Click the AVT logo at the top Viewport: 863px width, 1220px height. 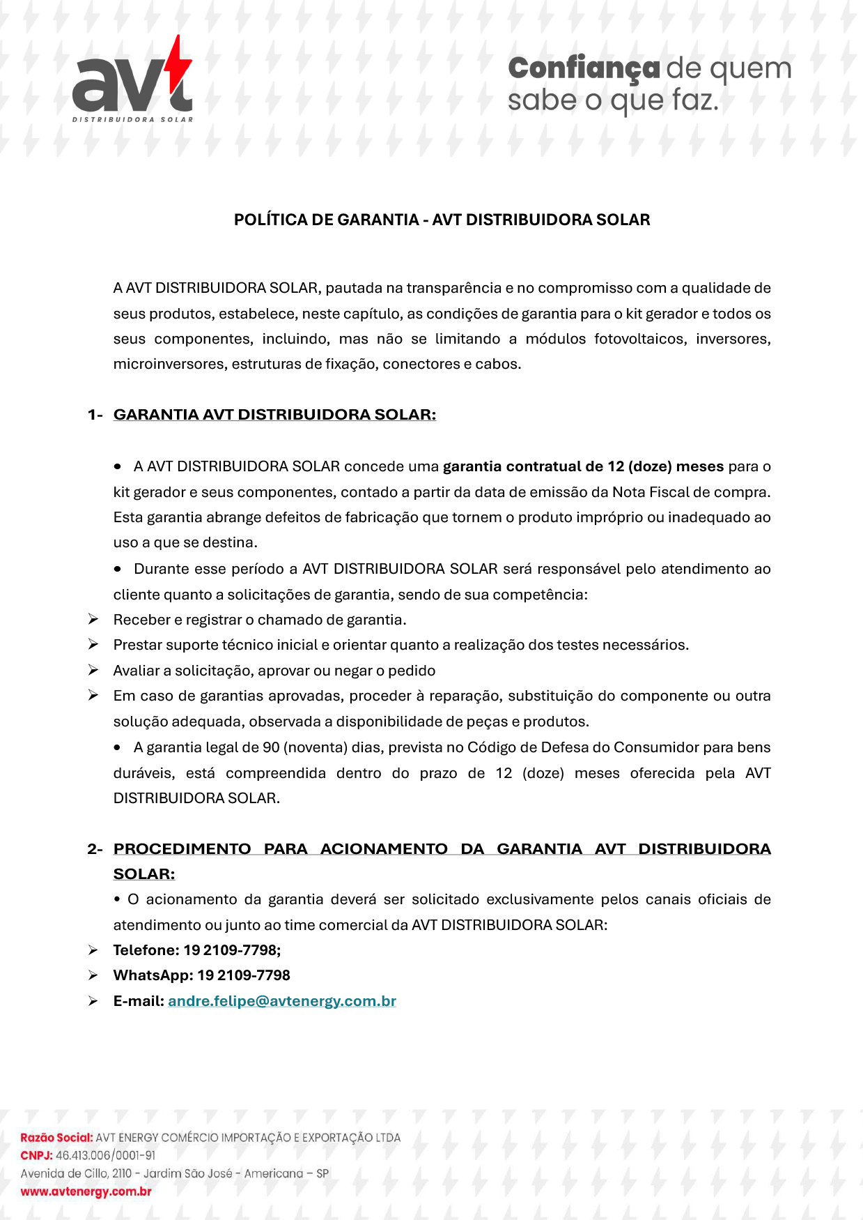(x=132, y=80)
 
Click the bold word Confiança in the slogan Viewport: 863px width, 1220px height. (x=584, y=68)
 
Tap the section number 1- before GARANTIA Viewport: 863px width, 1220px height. (x=95, y=415)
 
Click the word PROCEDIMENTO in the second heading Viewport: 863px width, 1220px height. (x=182, y=849)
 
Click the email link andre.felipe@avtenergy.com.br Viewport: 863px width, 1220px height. (x=282, y=1001)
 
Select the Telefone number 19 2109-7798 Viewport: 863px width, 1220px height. (x=232, y=950)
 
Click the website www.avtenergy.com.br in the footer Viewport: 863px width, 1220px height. (x=86, y=1191)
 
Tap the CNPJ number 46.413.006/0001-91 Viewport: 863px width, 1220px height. (x=105, y=1155)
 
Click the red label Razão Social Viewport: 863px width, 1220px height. (x=56, y=1138)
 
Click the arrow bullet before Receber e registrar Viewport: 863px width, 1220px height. (x=93, y=619)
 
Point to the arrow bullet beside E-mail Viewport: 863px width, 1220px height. (x=93, y=1001)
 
